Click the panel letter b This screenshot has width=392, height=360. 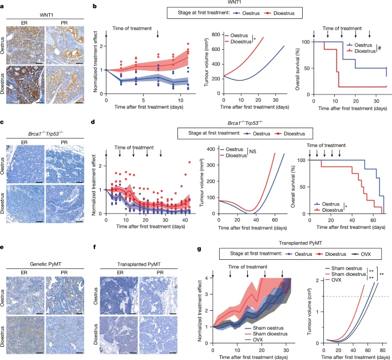point(94,5)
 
